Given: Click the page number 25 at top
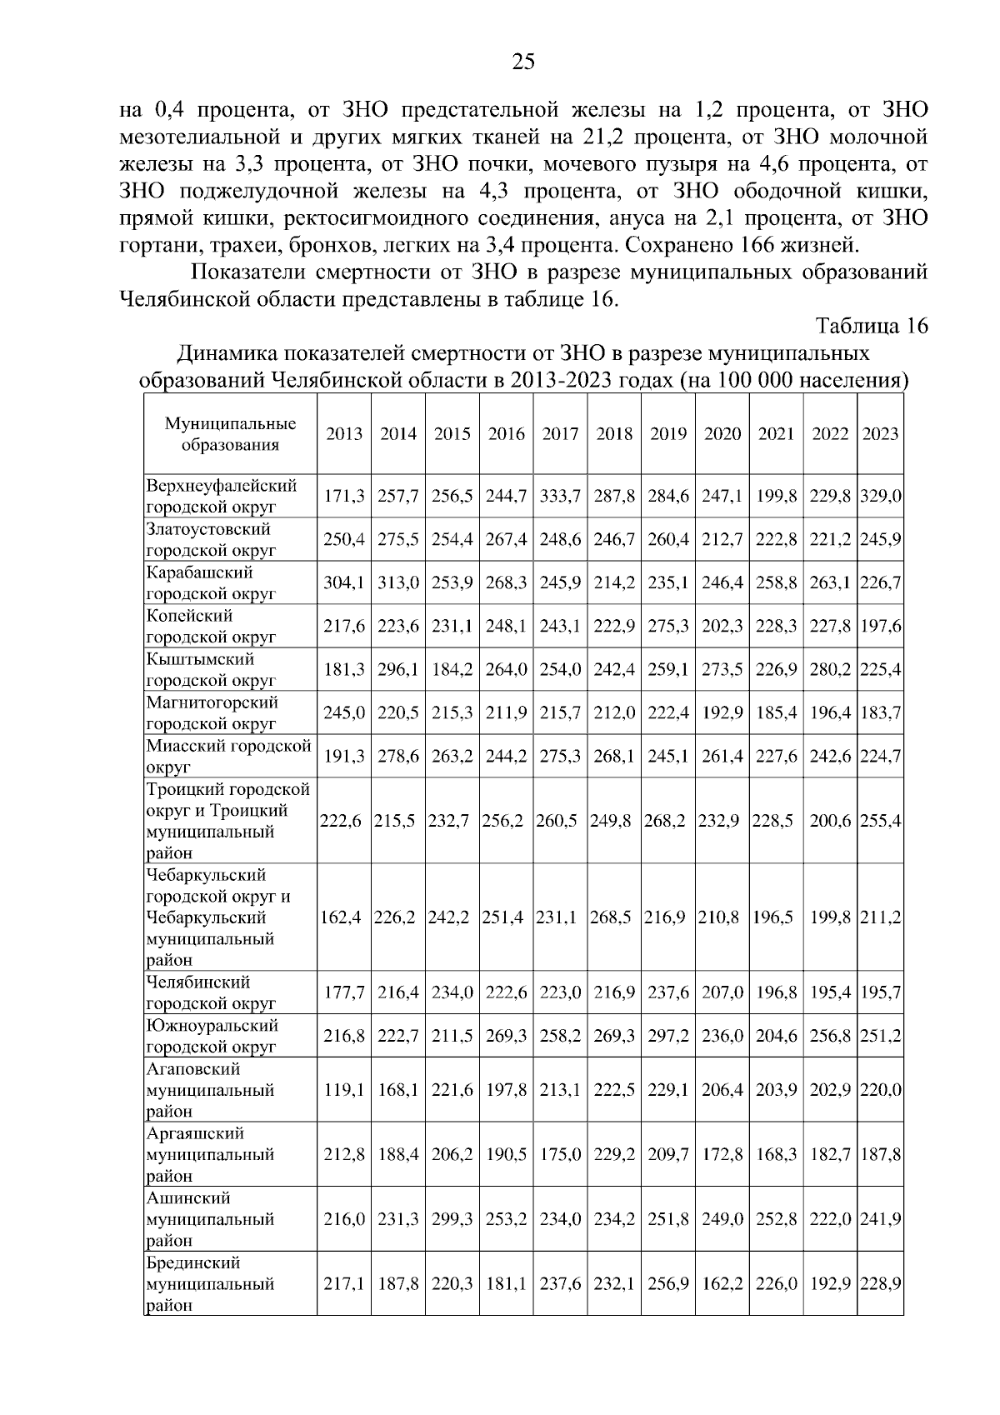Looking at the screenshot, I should point(522,62).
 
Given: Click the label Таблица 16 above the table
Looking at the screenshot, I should point(871,326).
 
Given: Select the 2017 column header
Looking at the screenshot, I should point(560,433).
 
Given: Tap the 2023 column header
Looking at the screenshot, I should point(880,433).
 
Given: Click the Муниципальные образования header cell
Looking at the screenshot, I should point(230,434).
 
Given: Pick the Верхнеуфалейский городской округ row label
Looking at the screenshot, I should point(222,496).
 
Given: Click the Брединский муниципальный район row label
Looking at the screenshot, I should point(210,1284).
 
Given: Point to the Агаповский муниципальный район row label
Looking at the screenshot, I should point(210,1090).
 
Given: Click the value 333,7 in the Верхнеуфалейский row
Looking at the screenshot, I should point(560,497).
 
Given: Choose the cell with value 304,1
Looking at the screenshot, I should point(344,583).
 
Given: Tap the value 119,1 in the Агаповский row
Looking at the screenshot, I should point(344,1090).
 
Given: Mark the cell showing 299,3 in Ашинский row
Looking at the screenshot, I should point(452,1219).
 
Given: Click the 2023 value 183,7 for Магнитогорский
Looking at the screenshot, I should point(880,713).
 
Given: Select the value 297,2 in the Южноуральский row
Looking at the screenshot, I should point(668,1037).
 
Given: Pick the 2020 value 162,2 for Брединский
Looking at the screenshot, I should point(722,1284).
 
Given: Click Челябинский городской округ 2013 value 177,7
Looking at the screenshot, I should point(344,993).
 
